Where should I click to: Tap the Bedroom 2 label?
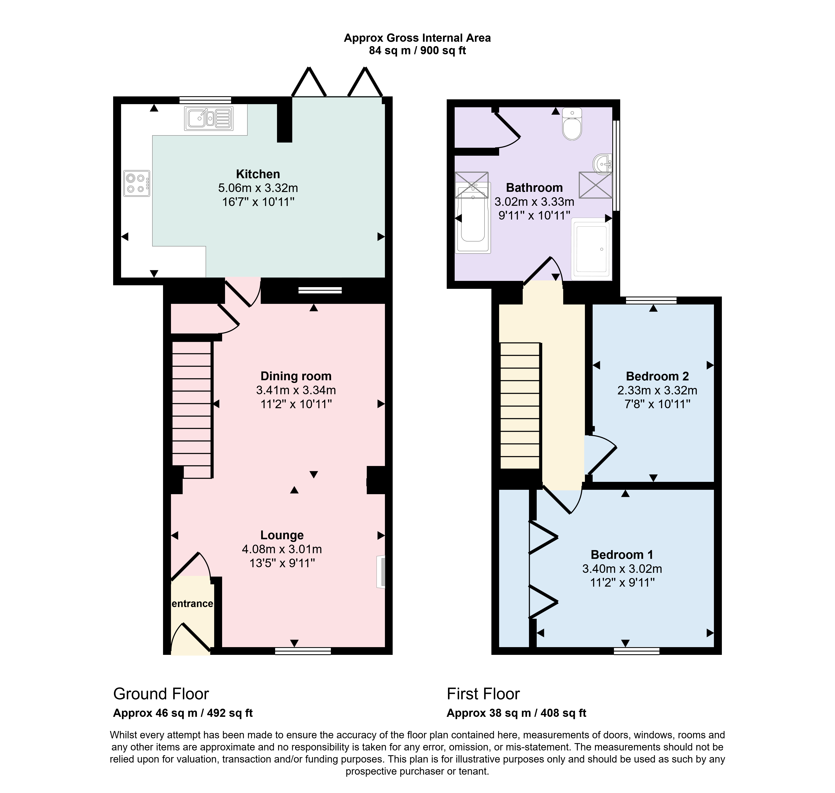657,376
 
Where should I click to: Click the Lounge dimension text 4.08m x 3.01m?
282,549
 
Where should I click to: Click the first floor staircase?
520,406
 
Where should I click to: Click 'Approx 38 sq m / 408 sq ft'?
516,713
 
